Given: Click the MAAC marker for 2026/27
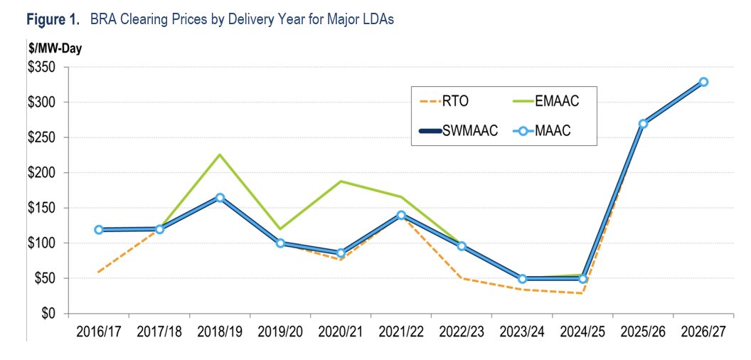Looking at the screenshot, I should click(703, 82).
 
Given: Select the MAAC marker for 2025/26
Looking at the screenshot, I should click(643, 124).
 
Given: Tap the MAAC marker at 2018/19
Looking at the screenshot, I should click(220, 198).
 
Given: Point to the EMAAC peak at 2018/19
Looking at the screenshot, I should click(220, 154).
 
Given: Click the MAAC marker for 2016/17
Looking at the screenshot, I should click(98, 230).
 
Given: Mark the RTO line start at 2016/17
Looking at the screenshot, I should click(98, 272).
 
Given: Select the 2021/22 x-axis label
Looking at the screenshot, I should click(401, 331).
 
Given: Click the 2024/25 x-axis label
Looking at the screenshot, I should click(582, 331).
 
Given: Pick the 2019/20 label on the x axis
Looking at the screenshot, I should click(280, 331).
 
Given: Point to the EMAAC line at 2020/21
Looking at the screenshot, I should click(341, 181).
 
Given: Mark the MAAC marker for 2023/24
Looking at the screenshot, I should click(522, 279).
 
